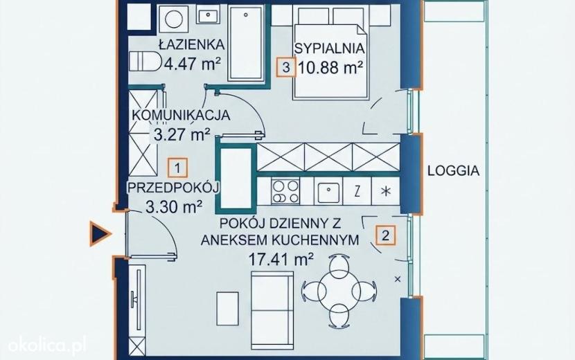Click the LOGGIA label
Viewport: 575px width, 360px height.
click(454, 170)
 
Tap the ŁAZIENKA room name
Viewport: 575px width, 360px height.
click(191, 44)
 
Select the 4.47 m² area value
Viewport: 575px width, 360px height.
click(192, 64)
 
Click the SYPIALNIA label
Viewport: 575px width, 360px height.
click(330, 48)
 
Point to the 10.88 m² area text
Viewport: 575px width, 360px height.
click(330, 67)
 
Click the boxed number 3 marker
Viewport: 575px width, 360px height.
click(286, 67)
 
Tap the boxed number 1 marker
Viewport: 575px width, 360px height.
click(177, 168)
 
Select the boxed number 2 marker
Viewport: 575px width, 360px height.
click(385, 235)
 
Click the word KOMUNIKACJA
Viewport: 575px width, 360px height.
click(181, 115)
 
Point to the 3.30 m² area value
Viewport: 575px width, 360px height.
click(174, 207)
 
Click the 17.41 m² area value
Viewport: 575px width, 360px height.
click(281, 260)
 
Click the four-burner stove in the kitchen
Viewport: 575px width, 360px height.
click(285, 191)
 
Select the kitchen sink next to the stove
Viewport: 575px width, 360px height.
click(328, 191)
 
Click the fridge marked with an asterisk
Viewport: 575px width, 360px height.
click(385, 191)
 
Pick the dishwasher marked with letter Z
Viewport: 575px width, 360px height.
click(357, 191)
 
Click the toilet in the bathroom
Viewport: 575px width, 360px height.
click(145, 61)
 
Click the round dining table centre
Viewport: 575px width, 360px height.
click(338, 291)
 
